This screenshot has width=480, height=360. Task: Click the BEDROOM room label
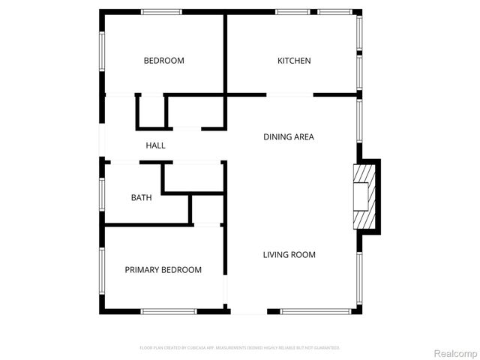click(x=163, y=61)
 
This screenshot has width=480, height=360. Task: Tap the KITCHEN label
click(x=294, y=61)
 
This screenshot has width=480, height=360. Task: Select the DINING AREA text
click(x=288, y=137)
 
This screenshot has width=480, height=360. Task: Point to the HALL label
click(x=155, y=145)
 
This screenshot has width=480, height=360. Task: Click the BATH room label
click(x=141, y=198)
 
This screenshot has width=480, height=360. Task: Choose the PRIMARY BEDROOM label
click(x=163, y=270)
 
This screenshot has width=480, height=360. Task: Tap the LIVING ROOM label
click(x=289, y=255)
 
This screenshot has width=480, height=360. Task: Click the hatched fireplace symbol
click(x=362, y=196)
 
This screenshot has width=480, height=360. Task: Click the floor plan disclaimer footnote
click(x=240, y=348)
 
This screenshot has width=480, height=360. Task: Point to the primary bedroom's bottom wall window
click(x=169, y=312)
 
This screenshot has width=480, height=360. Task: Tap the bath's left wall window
click(x=101, y=193)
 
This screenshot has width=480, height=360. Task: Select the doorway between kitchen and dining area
click(x=290, y=94)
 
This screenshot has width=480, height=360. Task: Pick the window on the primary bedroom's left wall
click(x=101, y=270)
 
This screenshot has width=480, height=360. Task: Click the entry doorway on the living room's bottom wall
click(x=247, y=312)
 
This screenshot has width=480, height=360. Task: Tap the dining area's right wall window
click(x=360, y=120)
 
